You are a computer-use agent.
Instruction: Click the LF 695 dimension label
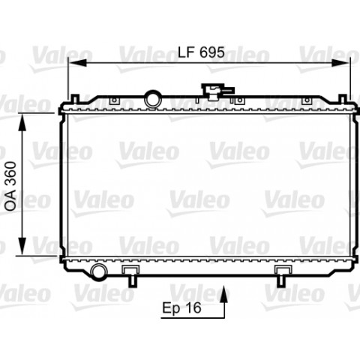(201, 52)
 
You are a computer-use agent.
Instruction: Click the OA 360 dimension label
(11, 186)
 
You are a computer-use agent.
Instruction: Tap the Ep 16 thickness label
(181, 307)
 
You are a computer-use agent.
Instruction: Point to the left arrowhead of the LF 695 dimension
(77, 63)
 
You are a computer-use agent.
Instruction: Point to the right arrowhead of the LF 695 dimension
(341, 63)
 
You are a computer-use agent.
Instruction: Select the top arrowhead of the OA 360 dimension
(22, 122)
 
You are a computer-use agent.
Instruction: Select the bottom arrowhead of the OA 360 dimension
(22, 246)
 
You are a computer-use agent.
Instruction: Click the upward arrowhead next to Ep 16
(225, 295)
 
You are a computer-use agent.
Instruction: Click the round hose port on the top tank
(153, 100)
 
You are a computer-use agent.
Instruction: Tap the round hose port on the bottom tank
(98, 271)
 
